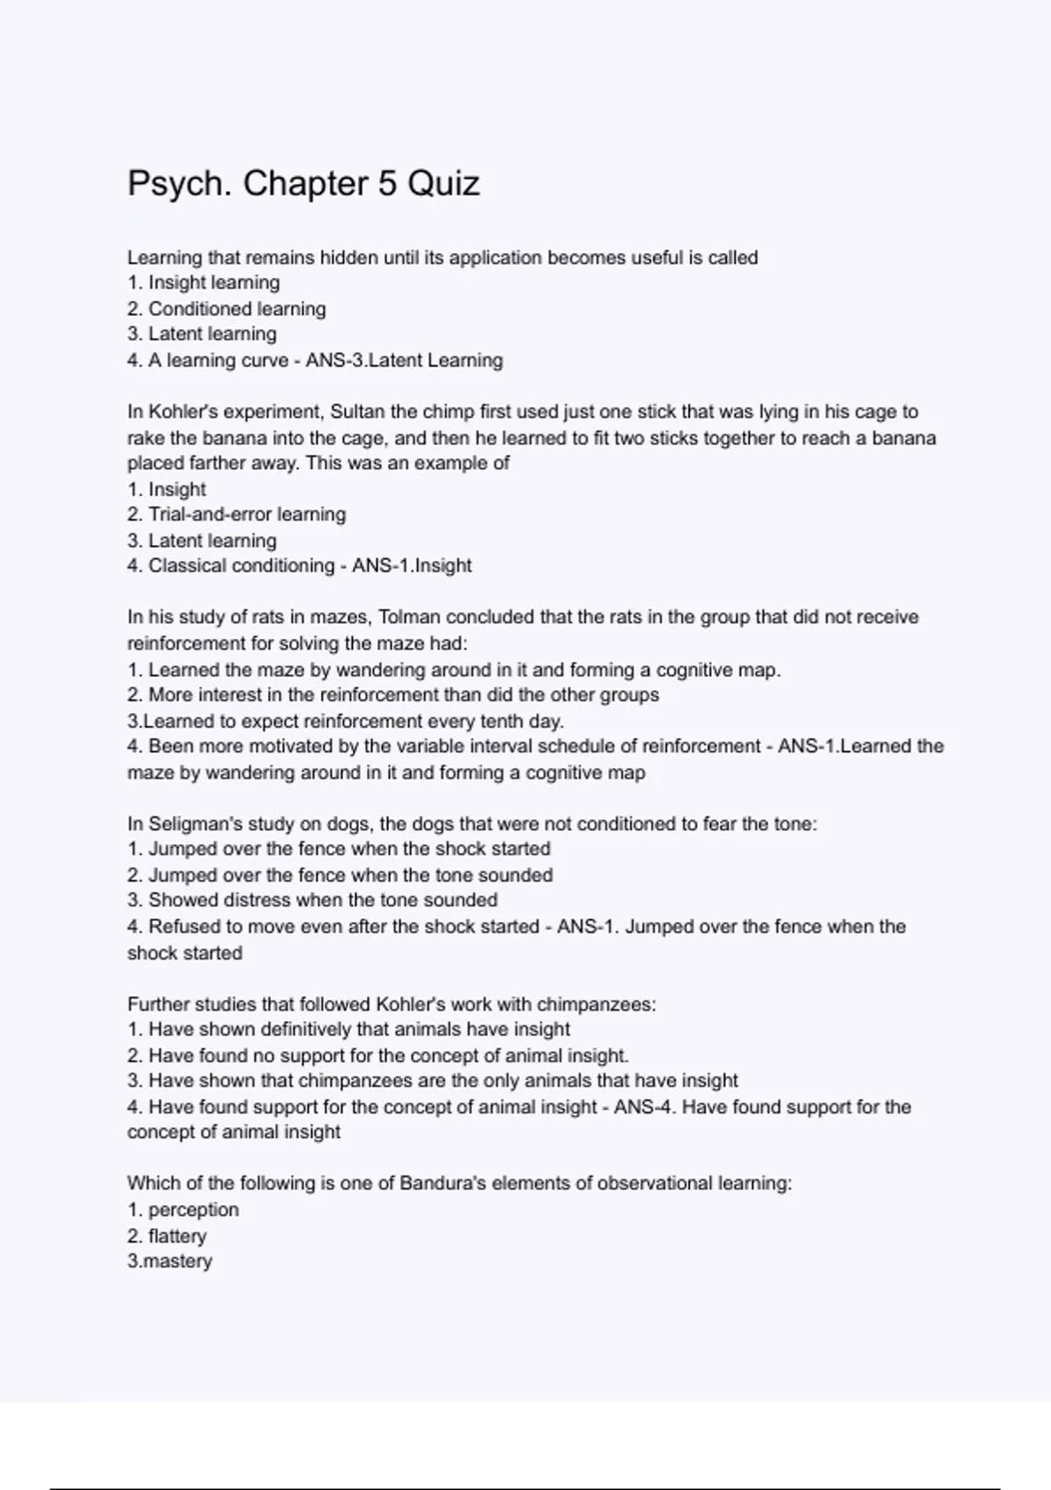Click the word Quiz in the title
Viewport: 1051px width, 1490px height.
tap(444, 184)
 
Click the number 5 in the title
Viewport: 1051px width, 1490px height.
tap(387, 184)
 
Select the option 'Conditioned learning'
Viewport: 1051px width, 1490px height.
tap(236, 309)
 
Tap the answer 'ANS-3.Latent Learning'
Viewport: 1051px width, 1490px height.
tap(404, 360)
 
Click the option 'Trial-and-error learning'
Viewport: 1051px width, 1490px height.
tap(246, 514)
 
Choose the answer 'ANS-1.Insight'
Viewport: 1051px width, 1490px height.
tap(412, 565)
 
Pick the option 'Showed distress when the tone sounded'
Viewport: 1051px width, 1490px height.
tap(322, 900)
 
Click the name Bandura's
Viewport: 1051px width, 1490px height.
tap(442, 1183)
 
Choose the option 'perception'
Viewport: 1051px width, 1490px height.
tap(193, 1210)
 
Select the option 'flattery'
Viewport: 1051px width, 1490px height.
tap(177, 1236)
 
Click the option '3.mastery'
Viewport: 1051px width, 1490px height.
tap(170, 1261)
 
